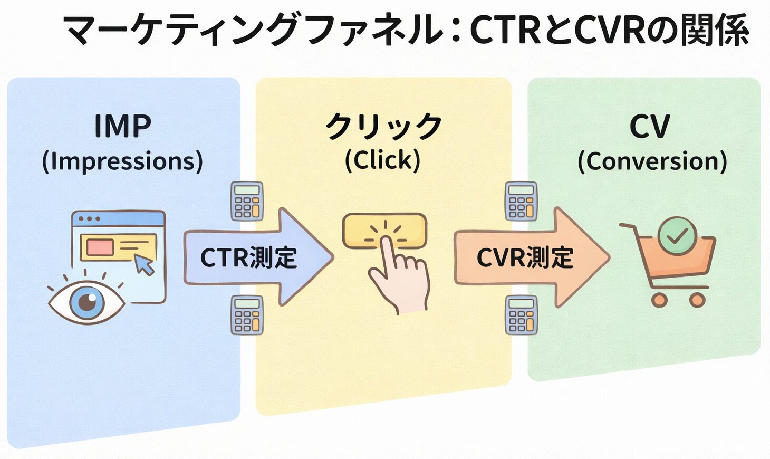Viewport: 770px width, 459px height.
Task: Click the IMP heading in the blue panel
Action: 122,126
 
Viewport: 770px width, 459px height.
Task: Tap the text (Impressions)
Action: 122,161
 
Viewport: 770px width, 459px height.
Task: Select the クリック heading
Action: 383,127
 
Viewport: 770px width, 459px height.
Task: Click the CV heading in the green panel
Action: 649,127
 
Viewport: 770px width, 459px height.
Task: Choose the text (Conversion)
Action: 652,161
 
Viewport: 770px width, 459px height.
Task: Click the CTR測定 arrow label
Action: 248,258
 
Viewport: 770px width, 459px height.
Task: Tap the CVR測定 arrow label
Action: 525,258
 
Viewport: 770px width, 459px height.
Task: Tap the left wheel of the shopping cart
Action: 659,300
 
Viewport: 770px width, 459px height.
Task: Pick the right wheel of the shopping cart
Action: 697,300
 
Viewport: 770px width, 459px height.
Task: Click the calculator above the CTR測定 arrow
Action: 247,201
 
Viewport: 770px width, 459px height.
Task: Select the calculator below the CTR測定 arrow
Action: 247,315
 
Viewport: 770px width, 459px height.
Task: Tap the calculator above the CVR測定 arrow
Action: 521,201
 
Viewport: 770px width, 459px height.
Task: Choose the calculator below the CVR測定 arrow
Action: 521,315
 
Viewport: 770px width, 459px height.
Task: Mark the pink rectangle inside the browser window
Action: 100,247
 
